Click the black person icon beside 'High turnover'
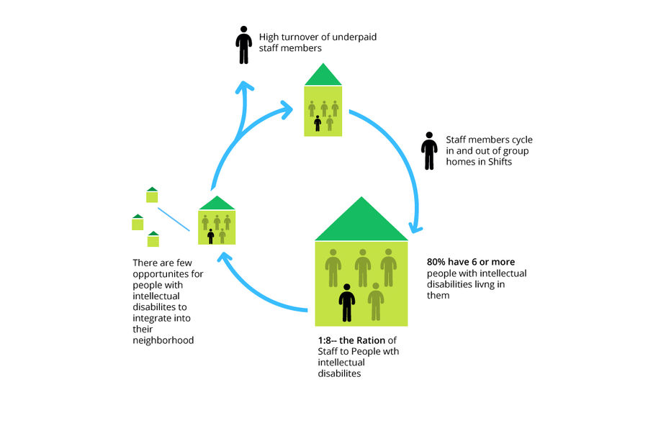pos(244,45)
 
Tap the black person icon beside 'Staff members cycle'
pos(429,150)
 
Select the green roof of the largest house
pos(361,222)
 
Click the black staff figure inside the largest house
pos(347,302)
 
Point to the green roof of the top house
pos(323,76)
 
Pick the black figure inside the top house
pos(318,123)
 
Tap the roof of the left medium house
pos(217,204)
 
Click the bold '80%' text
pos(439,262)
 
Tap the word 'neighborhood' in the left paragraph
pos(163,340)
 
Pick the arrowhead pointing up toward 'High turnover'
pos(246,87)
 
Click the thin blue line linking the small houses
pos(173,219)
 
